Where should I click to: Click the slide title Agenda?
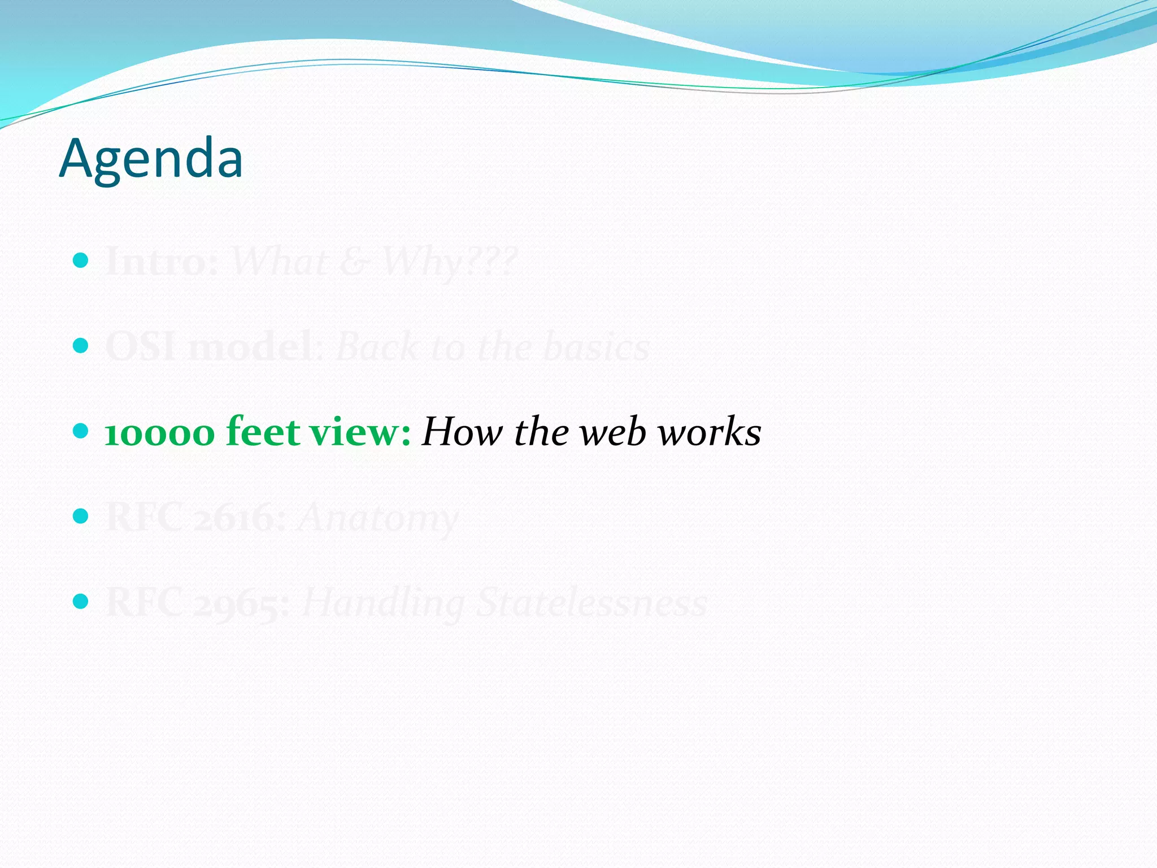point(151,159)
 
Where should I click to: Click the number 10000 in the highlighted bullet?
point(160,433)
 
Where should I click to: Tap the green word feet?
point(263,431)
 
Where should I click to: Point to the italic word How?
point(462,432)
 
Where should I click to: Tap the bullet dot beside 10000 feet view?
point(81,431)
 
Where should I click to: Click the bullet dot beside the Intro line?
point(81,260)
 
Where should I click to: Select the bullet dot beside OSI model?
point(81,345)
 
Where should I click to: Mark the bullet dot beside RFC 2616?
point(81,516)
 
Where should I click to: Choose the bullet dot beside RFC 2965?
point(81,601)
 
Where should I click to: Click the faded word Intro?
point(162,262)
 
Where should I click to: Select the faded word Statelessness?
point(591,603)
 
